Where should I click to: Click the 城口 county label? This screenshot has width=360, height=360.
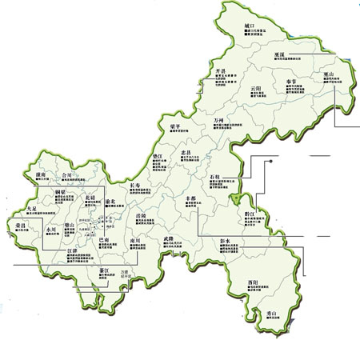(x=250, y=26)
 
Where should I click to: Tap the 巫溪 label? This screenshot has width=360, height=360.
(x=279, y=54)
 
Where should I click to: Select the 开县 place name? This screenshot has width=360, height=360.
(x=221, y=72)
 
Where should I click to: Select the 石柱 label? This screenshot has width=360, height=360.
(x=214, y=174)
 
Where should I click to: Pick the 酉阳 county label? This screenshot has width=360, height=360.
(x=253, y=282)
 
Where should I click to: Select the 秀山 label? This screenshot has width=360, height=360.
(x=271, y=312)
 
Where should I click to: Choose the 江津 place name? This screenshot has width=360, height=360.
(x=73, y=250)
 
